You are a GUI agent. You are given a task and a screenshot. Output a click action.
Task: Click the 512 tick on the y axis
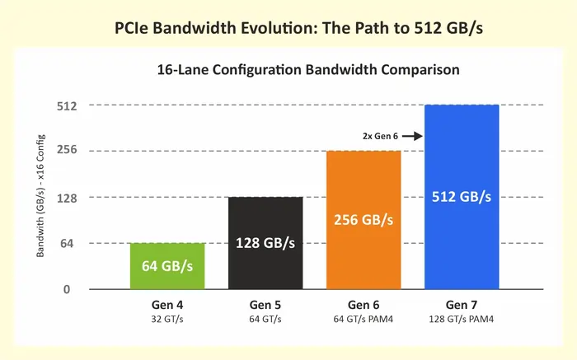67,105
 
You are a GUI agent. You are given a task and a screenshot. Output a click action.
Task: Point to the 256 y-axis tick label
67,151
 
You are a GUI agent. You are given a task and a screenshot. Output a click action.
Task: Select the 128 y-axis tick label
67,198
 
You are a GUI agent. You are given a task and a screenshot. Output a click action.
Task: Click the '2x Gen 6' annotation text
379,135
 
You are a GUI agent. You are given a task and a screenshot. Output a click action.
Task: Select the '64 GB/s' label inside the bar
167,265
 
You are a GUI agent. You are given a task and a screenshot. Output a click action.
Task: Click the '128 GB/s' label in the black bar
265,243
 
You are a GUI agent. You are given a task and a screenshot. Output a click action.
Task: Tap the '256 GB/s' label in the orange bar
364,221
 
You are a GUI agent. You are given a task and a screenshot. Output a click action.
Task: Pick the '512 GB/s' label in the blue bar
462,197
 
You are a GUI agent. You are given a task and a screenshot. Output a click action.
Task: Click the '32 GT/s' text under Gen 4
167,318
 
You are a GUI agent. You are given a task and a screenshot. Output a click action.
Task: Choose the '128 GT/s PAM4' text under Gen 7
462,318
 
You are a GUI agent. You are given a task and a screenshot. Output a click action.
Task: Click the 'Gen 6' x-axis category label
364,304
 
